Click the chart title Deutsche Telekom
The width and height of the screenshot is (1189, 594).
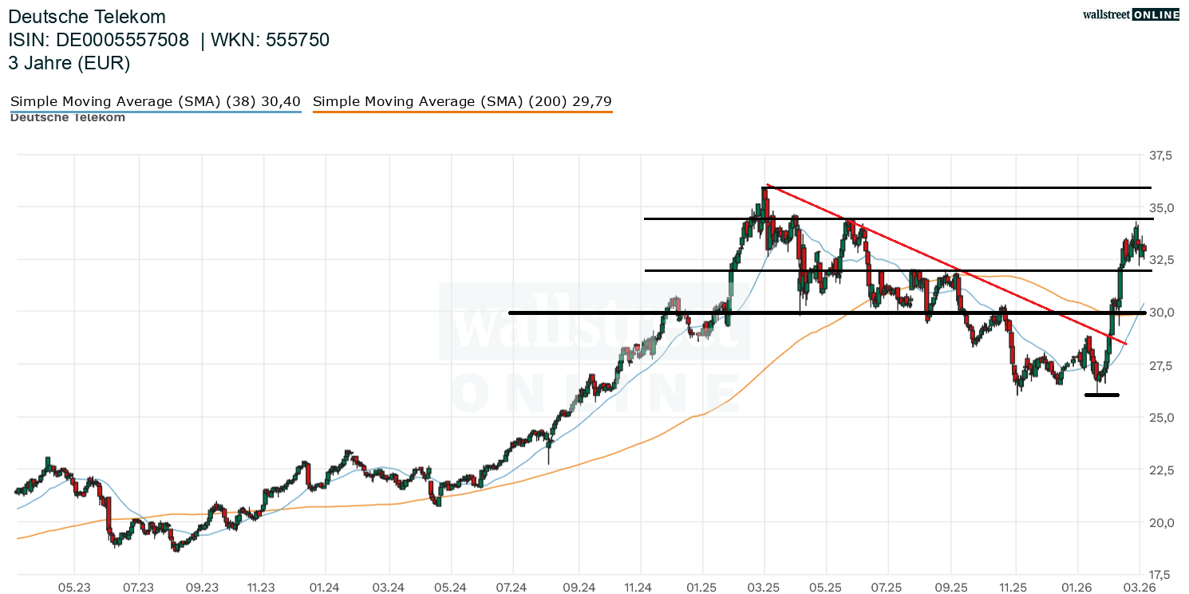pyautogui.click(x=87, y=17)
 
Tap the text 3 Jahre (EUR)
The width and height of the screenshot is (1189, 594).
pyautogui.click(x=69, y=63)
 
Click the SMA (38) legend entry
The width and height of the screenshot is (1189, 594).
pyautogui.click(x=155, y=102)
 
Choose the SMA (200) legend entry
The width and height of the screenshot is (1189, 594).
pyautogui.click(x=462, y=102)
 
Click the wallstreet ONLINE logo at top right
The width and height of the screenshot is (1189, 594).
pyautogui.click(x=1130, y=14)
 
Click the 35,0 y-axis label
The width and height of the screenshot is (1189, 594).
pyautogui.click(x=1161, y=208)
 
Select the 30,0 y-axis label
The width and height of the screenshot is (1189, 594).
pyautogui.click(x=1161, y=313)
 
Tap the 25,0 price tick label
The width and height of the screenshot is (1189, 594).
pyautogui.click(x=1161, y=418)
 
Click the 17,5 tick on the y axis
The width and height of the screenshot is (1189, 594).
pyautogui.click(x=1161, y=574)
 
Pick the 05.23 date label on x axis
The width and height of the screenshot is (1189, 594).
pyautogui.click(x=73, y=588)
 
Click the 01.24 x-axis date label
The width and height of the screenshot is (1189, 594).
pyautogui.click(x=325, y=588)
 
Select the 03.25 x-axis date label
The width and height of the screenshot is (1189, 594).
pyautogui.click(x=764, y=588)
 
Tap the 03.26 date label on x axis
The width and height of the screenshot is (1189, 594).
pyautogui.click(x=1139, y=588)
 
